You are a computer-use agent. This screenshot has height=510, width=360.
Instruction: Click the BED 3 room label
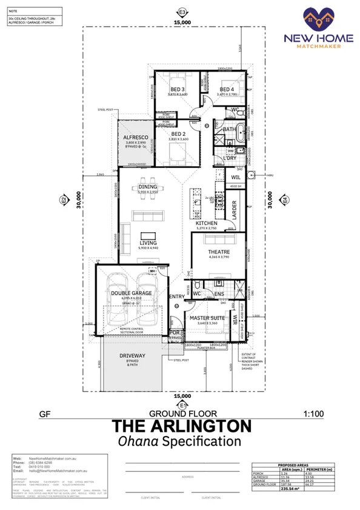click(176, 89)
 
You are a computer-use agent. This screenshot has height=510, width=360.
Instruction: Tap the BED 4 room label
click(227, 89)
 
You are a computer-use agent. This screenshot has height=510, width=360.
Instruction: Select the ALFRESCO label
click(137, 138)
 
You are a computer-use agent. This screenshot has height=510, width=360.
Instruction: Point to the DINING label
click(147, 187)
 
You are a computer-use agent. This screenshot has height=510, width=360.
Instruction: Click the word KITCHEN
click(206, 224)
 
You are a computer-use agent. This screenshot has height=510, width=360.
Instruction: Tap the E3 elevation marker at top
click(181, 12)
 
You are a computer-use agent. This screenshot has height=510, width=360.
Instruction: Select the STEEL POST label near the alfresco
click(105, 110)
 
